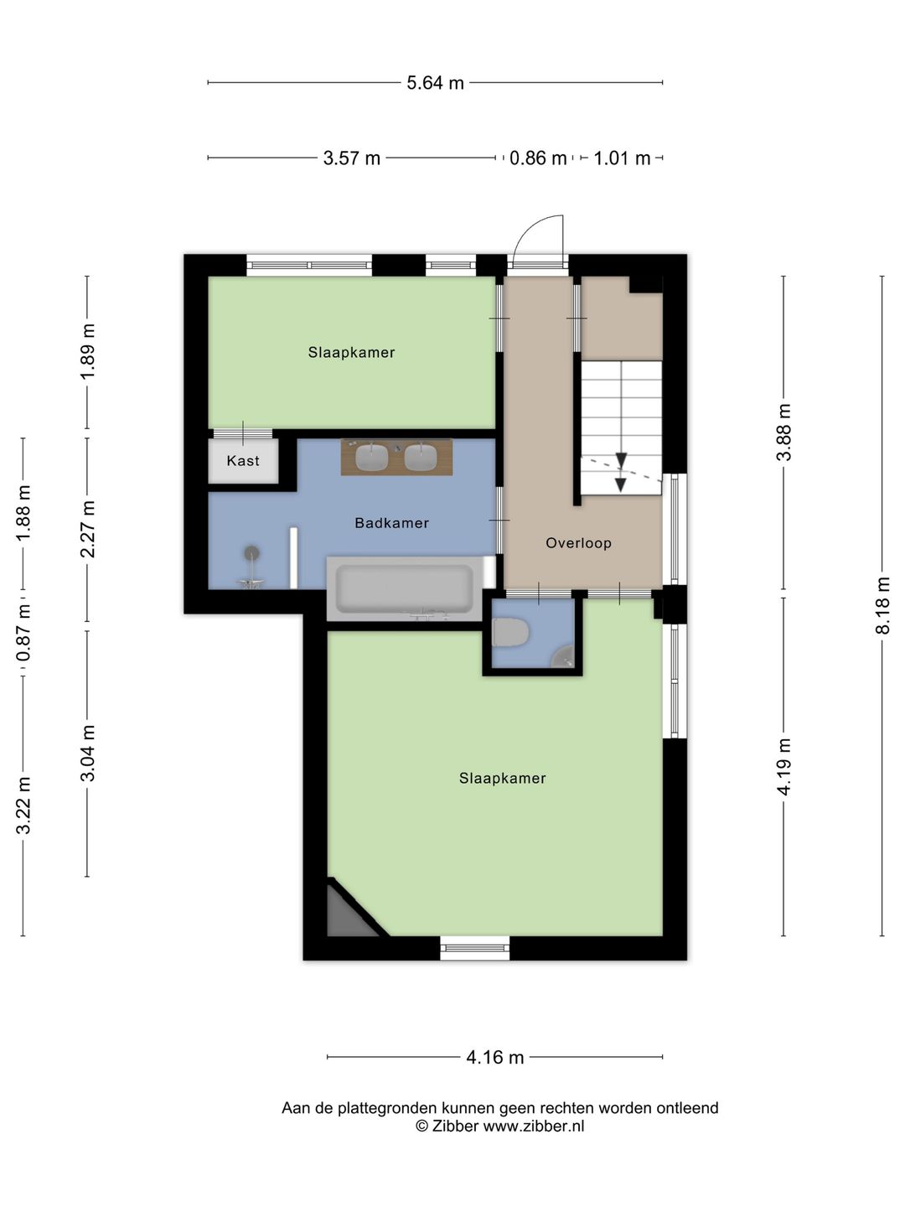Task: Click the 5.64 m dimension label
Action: (x=435, y=83)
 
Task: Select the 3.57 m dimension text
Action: (x=352, y=158)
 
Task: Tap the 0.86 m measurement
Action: (x=537, y=158)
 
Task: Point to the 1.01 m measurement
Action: (x=622, y=158)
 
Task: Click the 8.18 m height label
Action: (x=882, y=605)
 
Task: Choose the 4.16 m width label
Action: (x=494, y=1057)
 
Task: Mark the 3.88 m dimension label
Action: (x=783, y=432)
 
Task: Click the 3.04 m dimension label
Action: (x=87, y=752)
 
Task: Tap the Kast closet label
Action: (x=243, y=461)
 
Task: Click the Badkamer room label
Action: (x=392, y=523)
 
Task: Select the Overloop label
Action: (x=578, y=543)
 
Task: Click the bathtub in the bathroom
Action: (x=405, y=589)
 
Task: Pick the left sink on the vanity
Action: (x=372, y=457)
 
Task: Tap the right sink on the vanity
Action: (x=421, y=457)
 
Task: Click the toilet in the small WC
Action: (x=510, y=632)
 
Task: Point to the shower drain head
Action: (x=251, y=552)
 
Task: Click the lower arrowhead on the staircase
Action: (x=621, y=484)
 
